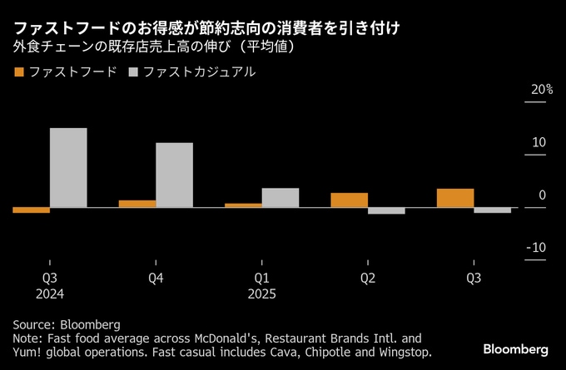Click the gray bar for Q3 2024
tap(68, 167)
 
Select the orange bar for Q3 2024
tap(31, 210)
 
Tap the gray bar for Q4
tap(174, 175)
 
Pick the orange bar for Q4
tap(137, 204)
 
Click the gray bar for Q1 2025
tap(280, 197)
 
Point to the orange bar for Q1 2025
tap(243, 205)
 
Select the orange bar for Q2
tap(349, 200)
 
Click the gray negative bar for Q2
tap(386, 210)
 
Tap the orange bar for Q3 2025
tap(455, 198)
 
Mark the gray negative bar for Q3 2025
tap(492, 210)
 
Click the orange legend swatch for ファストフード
tap(19, 73)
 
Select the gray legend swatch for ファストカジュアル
tap(134, 73)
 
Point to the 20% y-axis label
tap(542, 90)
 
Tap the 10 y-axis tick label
tap(539, 142)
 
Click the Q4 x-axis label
tap(156, 278)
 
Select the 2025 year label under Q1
tap(262, 294)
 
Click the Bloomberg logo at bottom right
tap(516, 346)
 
